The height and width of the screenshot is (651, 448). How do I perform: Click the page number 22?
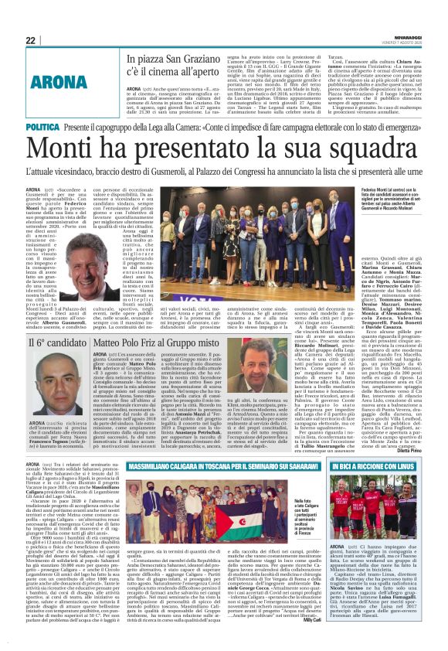30,41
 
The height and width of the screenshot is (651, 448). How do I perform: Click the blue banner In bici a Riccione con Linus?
380,467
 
